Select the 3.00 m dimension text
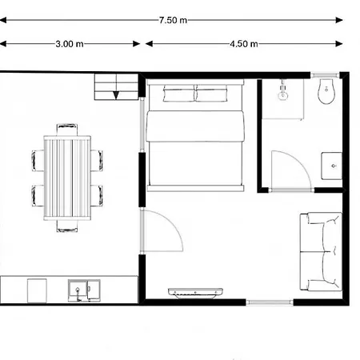tap(70, 44)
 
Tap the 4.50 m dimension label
tap(243, 44)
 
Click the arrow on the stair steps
tap(117, 94)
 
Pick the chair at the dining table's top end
tap(67, 129)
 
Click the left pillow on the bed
tap(178, 95)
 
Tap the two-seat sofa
tap(320, 250)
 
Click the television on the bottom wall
tap(194, 290)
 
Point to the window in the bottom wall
tap(270, 302)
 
